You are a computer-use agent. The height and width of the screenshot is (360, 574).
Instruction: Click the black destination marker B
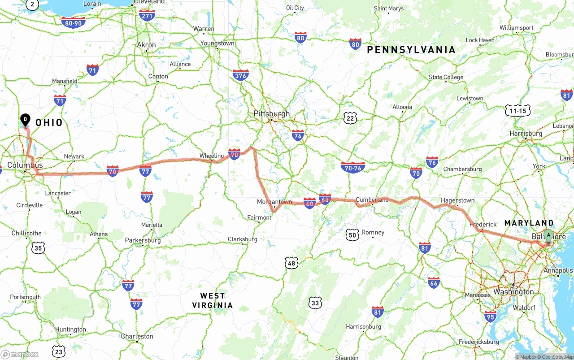[26, 120]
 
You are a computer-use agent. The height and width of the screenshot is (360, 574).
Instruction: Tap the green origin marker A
[548, 235]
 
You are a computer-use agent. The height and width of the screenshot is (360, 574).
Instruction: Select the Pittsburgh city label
[272, 113]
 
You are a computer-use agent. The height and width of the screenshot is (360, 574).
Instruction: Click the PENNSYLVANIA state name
[411, 50]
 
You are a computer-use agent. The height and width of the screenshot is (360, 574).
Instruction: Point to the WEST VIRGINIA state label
[213, 300]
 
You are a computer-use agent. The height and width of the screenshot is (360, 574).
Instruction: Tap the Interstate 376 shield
[241, 75]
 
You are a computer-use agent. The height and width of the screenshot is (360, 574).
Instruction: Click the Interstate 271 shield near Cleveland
[147, 16]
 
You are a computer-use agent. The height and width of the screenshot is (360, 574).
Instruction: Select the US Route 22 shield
[350, 118]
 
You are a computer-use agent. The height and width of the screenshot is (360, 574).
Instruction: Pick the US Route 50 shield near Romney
[352, 234]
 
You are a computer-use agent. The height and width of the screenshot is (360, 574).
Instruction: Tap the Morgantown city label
[274, 202]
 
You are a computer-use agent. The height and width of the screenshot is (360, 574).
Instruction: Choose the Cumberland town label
[372, 200]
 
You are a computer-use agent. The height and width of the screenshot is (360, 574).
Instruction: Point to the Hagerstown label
[457, 200]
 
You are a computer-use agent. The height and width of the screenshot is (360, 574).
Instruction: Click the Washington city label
[513, 292]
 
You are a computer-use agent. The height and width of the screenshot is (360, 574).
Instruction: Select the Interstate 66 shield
[434, 282]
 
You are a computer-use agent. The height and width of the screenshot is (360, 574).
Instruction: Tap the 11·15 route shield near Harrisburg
[518, 111]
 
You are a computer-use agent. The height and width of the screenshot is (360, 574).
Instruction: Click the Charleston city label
[137, 336]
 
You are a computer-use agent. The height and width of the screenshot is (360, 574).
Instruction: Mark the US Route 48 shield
[291, 263]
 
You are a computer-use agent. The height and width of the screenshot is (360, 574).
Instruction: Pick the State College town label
[446, 77]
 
